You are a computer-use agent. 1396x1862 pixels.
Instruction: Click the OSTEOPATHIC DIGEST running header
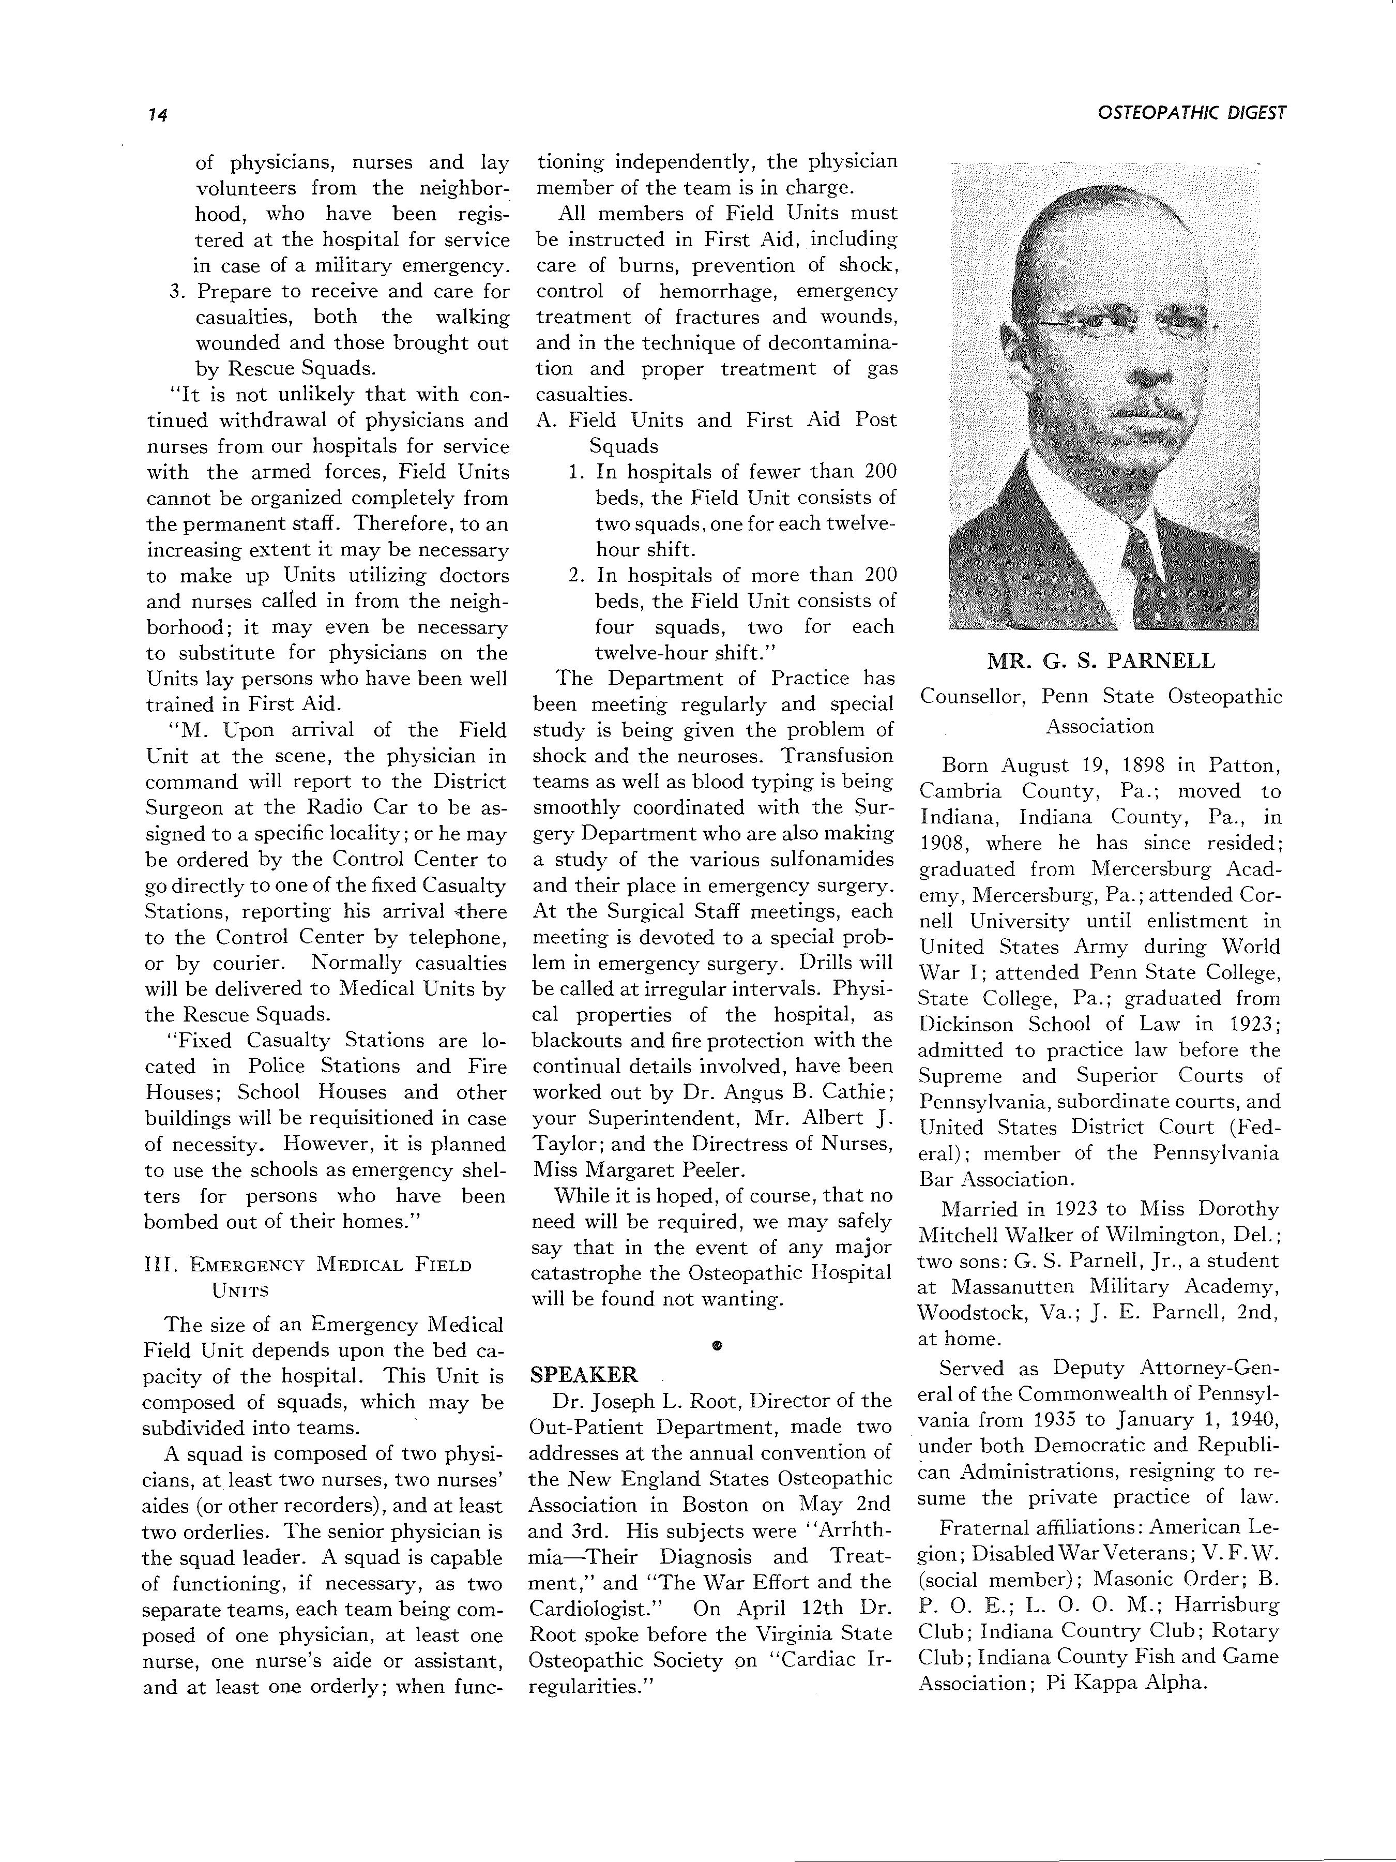click(x=1192, y=113)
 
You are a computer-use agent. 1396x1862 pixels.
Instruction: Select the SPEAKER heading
click(x=584, y=1375)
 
